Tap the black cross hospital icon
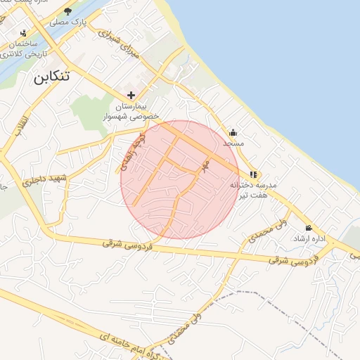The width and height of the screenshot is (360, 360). click(x=131, y=95)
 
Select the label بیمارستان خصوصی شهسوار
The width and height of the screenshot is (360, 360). click(x=131, y=112)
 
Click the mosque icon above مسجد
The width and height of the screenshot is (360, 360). click(x=233, y=132)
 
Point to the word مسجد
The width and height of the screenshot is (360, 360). click(x=232, y=143)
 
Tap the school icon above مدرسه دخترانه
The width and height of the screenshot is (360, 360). click(x=253, y=174)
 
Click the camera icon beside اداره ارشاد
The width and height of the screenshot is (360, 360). click(x=308, y=228)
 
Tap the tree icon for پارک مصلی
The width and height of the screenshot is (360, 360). click(x=67, y=11)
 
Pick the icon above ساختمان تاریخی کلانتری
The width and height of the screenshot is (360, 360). click(x=23, y=33)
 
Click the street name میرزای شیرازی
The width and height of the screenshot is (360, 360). click(x=117, y=43)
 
